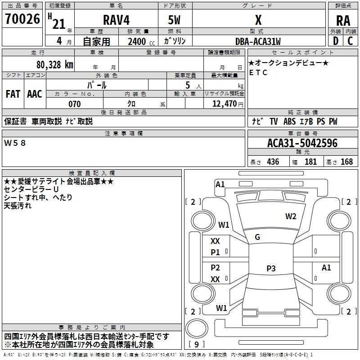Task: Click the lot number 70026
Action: click(x=22, y=19)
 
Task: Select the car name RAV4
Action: click(x=116, y=20)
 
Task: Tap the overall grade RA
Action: click(x=343, y=21)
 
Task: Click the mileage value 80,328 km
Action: click(x=55, y=65)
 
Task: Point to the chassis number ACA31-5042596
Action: click(x=302, y=143)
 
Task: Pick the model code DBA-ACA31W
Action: click(x=258, y=41)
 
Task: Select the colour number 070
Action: click(x=75, y=104)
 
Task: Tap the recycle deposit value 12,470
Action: click(x=224, y=104)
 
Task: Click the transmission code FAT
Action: click(x=13, y=94)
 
